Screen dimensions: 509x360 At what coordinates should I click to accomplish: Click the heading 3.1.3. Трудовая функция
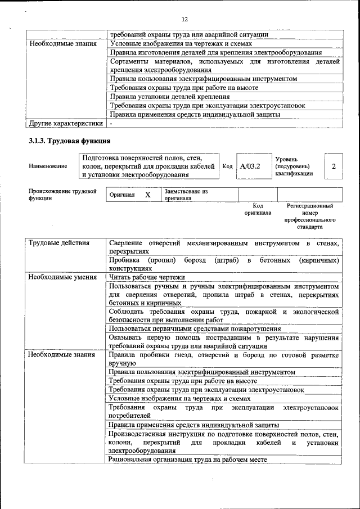point(69,140)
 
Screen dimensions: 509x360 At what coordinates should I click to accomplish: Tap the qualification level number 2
point(334,166)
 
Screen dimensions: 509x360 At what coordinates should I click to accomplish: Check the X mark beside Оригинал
point(148,195)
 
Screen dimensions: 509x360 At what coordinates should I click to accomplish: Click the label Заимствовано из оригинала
point(186,195)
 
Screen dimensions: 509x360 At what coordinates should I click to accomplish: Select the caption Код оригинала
point(258,209)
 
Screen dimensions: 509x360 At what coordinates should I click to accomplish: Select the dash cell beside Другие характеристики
point(111,123)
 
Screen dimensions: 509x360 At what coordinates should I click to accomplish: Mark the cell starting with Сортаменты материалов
point(224,66)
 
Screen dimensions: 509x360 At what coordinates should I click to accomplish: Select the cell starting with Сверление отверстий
point(224,247)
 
